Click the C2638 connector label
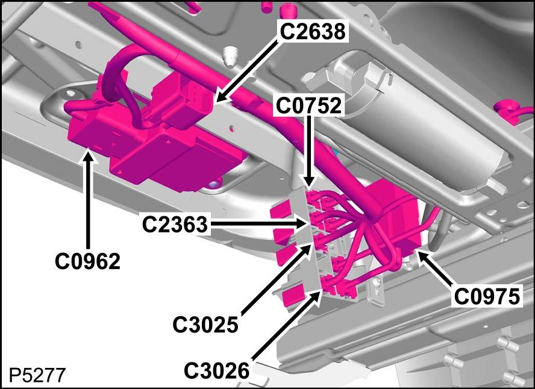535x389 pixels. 313,32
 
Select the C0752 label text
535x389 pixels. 308,106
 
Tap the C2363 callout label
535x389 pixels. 175,225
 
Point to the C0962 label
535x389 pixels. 88,261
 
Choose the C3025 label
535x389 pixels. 205,324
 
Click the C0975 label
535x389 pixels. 487,296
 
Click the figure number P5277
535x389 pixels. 37,375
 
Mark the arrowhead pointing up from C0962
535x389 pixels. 89,158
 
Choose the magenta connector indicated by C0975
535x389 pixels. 396,218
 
